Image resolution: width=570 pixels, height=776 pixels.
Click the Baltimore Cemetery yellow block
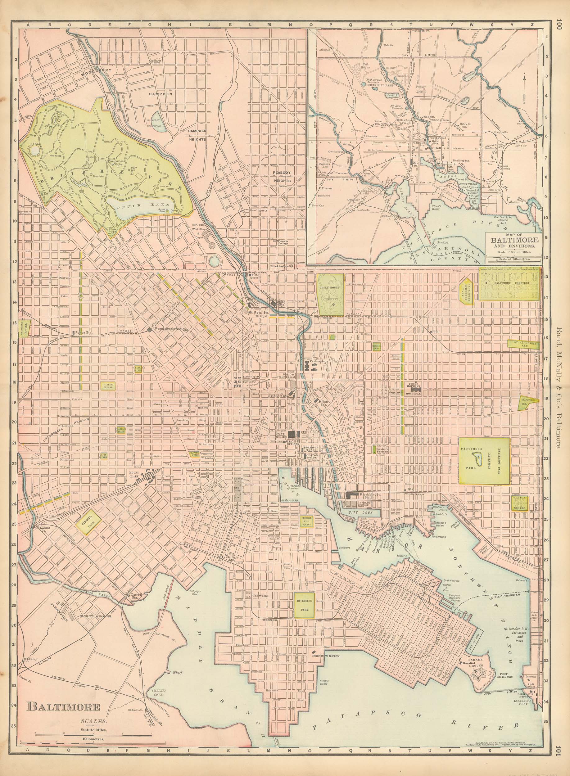click(x=509, y=285)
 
